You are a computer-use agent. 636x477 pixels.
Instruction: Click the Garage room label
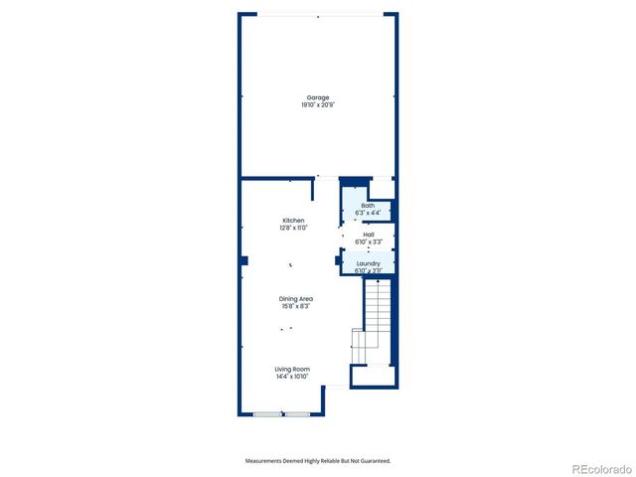(318, 97)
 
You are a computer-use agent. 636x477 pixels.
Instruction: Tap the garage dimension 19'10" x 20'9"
(318, 104)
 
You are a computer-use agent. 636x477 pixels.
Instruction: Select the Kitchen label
(293, 221)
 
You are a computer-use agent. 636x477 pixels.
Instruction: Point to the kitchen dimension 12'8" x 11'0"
(293, 228)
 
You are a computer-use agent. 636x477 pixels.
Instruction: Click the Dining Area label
(295, 299)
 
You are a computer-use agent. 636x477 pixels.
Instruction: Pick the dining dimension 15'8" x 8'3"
(295, 306)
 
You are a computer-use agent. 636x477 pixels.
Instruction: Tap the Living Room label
(293, 370)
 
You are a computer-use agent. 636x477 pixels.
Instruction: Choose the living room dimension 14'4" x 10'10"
(293, 377)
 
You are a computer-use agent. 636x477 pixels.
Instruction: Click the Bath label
(368, 206)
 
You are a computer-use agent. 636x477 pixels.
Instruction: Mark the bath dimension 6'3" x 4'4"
(368, 213)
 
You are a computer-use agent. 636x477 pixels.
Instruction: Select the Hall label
(369, 235)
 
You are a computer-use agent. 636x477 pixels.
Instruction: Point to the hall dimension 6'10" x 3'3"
(369, 241)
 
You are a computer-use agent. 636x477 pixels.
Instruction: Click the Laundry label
(369, 263)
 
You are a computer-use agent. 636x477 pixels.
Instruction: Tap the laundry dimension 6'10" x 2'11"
(369, 270)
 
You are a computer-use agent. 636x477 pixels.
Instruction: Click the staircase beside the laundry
(375, 318)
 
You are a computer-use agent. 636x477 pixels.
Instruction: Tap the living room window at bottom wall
(282, 413)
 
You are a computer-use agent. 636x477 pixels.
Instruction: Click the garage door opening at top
(318, 14)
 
